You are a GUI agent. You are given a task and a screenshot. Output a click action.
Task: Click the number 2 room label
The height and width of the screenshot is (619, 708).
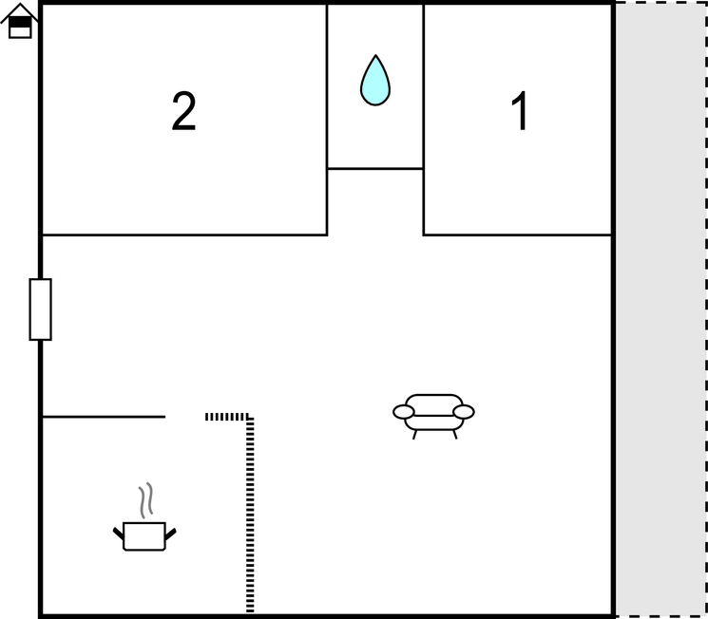183,111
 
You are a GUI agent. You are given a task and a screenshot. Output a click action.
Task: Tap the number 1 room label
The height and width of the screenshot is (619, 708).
520,111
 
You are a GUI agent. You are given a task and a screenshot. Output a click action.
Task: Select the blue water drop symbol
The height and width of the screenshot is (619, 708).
375,82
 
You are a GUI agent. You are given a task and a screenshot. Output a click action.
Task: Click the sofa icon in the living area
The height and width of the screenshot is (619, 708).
433,416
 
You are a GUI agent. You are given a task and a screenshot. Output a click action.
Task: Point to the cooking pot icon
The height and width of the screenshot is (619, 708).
144,535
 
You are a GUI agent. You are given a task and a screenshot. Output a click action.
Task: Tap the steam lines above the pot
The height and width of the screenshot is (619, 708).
145,500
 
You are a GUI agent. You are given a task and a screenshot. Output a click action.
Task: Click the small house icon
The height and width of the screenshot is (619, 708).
19,21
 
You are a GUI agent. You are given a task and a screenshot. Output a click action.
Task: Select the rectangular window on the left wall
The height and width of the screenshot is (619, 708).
41,309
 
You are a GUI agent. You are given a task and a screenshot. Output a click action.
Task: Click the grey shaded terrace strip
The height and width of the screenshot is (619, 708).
660,309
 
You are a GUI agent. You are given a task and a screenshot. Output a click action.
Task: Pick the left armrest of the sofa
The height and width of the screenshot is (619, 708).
404,412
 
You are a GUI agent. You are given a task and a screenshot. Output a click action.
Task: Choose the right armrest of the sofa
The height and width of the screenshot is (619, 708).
464,412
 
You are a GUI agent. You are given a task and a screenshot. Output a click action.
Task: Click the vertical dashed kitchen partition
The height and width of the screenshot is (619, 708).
250,516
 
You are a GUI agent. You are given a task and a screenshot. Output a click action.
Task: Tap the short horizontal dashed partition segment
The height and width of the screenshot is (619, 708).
227,417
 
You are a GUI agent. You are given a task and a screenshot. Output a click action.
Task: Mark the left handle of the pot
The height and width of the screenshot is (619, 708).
118,534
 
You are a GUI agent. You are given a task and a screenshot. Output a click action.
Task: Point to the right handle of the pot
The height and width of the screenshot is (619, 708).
170,534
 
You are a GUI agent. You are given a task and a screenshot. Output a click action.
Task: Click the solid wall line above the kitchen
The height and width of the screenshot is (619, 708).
104,417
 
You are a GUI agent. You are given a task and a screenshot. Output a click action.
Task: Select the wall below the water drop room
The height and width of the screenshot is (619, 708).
375,169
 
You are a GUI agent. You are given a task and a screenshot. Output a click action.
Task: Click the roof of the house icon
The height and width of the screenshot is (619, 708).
19,12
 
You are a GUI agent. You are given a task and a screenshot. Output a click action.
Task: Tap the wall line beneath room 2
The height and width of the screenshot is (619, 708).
184,235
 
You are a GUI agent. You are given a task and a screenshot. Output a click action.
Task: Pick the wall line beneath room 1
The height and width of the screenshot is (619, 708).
517,235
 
